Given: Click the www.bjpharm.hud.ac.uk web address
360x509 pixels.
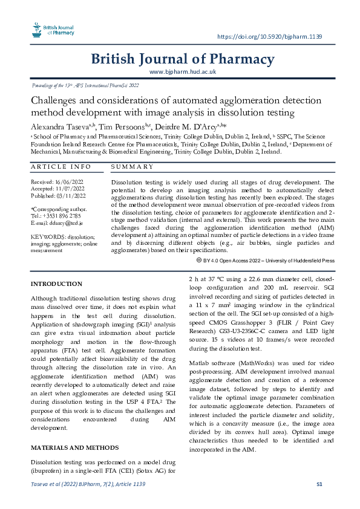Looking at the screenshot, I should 182,72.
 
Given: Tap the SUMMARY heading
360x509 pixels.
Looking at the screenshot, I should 132,166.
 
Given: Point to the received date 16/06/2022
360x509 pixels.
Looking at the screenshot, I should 71,181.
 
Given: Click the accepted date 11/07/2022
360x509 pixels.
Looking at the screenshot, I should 71,189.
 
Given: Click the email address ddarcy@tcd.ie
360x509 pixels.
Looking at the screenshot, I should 65,224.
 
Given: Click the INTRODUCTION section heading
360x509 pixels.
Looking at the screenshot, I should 56,284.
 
